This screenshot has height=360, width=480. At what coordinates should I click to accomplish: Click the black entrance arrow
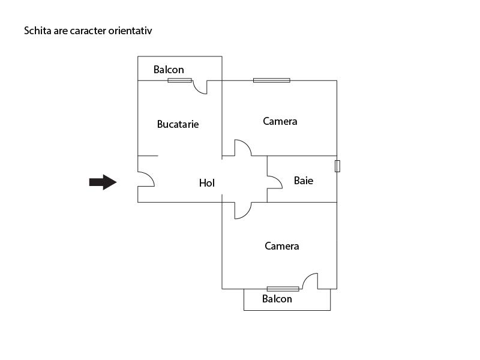coord(103,182)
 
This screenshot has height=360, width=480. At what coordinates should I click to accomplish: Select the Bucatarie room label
coord(178,124)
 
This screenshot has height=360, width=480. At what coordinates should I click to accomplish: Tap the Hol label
coord(207,183)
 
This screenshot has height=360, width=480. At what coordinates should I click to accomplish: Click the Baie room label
coord(304,181)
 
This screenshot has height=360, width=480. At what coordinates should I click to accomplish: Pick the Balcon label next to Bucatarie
coord(169,70)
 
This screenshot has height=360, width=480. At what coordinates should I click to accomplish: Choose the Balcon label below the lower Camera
coord(277,299)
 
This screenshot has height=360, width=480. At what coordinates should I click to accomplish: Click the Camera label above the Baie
coord(280,121)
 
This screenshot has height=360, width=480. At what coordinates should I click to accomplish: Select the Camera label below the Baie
coord(282,246)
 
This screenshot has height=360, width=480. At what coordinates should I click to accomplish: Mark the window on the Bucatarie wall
coord(179,80)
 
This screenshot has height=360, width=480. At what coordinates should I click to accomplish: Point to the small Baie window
coord(337,166)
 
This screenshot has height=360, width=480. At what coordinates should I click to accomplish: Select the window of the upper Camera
coord(272,80)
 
